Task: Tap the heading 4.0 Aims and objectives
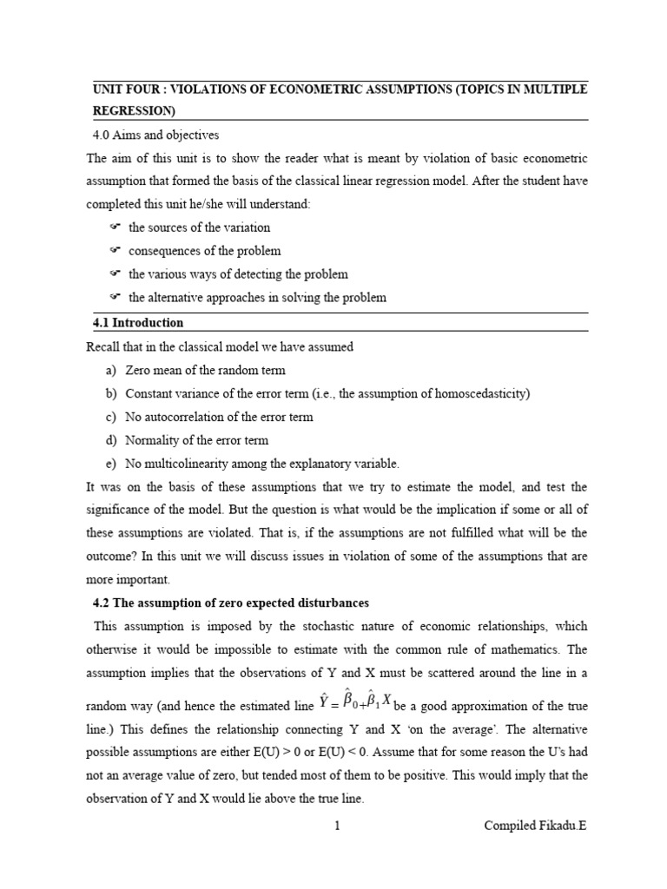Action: pos(155,135)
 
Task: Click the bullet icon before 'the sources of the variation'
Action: pos(114,227)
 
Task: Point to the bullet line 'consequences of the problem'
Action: pos(204,251)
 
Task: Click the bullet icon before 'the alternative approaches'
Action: pos(114,298)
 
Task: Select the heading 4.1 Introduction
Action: pos(138,323)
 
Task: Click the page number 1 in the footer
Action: pos(337,826)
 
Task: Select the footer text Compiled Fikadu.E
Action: pos(535,826)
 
